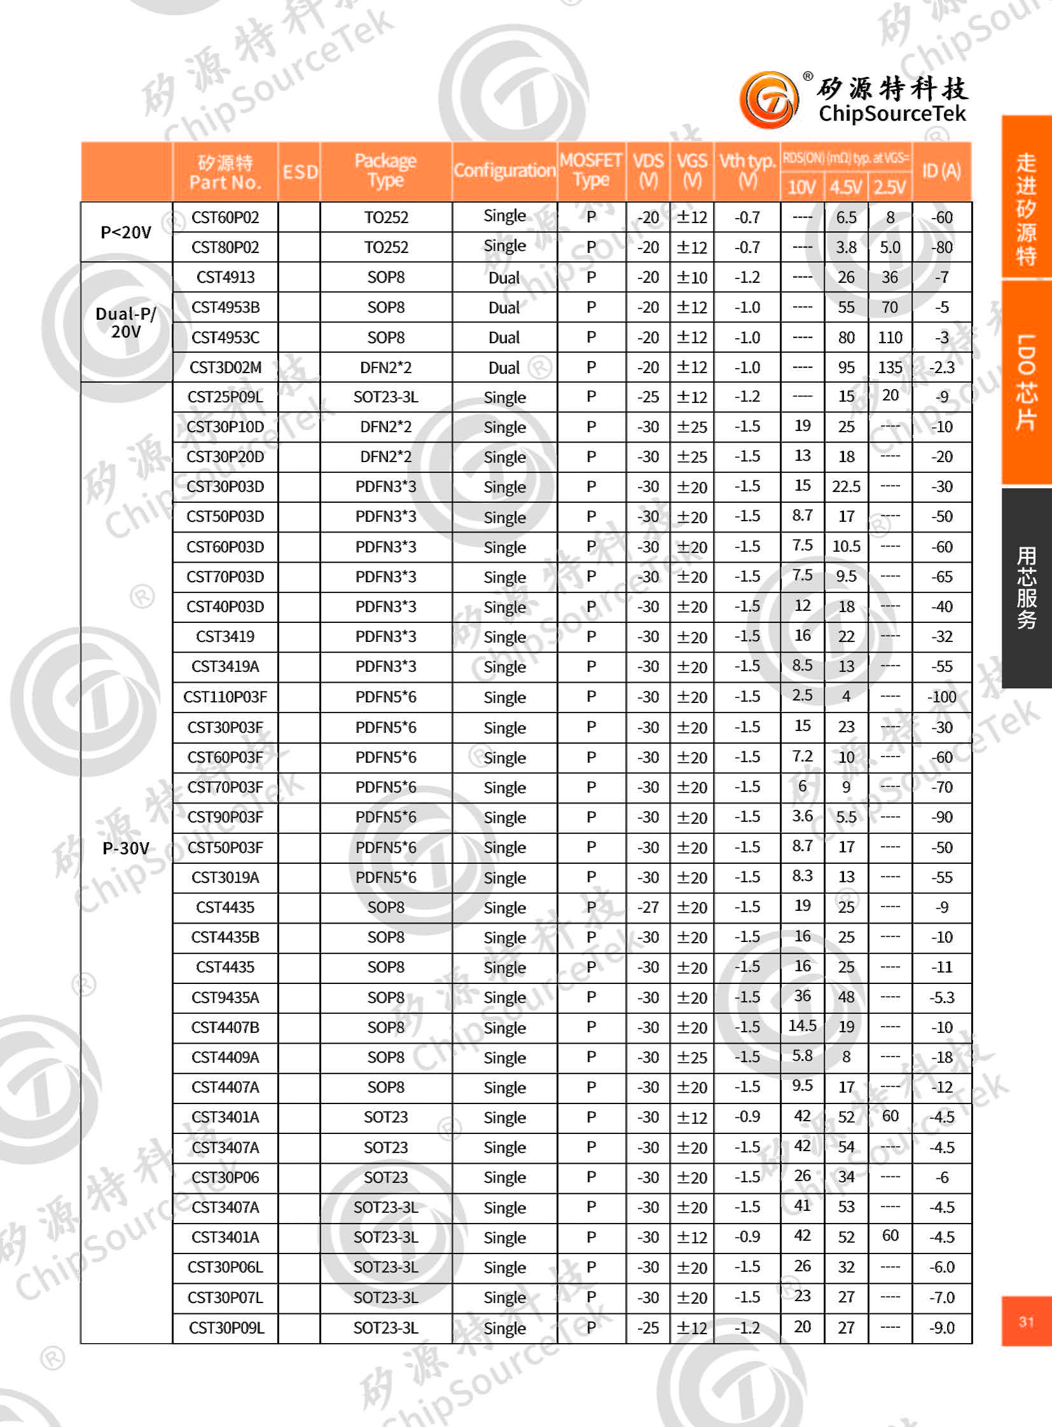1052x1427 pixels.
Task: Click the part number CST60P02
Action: pyautogui.click(x=225, y=217)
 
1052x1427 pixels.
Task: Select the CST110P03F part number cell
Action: pyautogui.click(x=225, y=697)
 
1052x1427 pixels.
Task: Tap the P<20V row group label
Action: pyautogui.click(x=126, y=232)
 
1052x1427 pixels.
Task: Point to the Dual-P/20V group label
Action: pyautogui.click(x=126, y=323)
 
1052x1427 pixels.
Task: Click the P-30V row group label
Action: pyautogui.click(x=126, y=848)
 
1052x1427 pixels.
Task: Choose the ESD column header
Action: pyautogui.click(x=300, y=172)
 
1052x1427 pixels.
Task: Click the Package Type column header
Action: pyautogui.click(x=385, y=170)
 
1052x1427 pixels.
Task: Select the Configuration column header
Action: pyautogui.click(x=504, y=170)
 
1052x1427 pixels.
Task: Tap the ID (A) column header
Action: pyautogui.click(x=941, y=170)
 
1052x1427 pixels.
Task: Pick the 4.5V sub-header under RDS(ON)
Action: pyautogui.click(x=846, y=187)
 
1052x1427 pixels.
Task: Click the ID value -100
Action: pyautogui.click(x=942, y=697)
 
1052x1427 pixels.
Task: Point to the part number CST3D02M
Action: pyautogui.click(x=225, y=367)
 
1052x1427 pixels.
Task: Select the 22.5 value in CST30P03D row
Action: pyautogui.click(x=846, y=487)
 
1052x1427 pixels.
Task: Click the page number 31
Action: pyautogui.click(x=1026, y=1321)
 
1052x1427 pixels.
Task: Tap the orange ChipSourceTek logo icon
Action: pyautogui.click(x=769, y=100)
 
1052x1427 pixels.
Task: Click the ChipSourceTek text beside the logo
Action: pyautogui.click(x=892, y=114)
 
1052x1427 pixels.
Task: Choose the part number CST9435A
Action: pyautogui.click(x=225, y=997)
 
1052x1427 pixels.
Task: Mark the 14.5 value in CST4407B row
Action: pyautogui.click(x=802, y=1026)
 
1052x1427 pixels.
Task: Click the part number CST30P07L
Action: pyautogui.click(x=225, y=1297)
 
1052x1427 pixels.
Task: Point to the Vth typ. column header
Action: pyautogui.click(x=747, y=170)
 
